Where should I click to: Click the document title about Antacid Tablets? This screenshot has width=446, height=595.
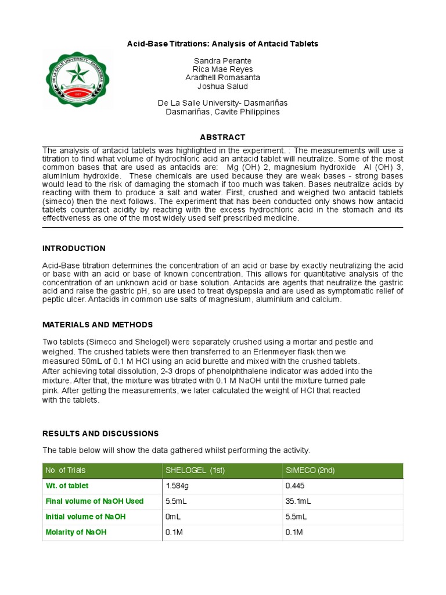pos(222,44)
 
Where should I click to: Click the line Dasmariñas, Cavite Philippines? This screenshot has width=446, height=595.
pos(222,112)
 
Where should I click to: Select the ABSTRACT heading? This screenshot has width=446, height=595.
pos(222,137)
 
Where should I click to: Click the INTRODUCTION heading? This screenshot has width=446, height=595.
pos(74,248)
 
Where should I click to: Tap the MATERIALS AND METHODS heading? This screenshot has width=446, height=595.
pos(98,324)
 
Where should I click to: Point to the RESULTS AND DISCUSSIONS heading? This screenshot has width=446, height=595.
pos(100,433)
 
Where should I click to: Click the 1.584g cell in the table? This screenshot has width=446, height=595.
pos(177,486)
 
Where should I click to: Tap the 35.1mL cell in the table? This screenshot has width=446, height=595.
pos(297,501)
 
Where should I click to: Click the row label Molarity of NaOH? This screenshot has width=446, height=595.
pos(76,532)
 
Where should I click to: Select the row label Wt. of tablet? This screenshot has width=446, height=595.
pos(67,486)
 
